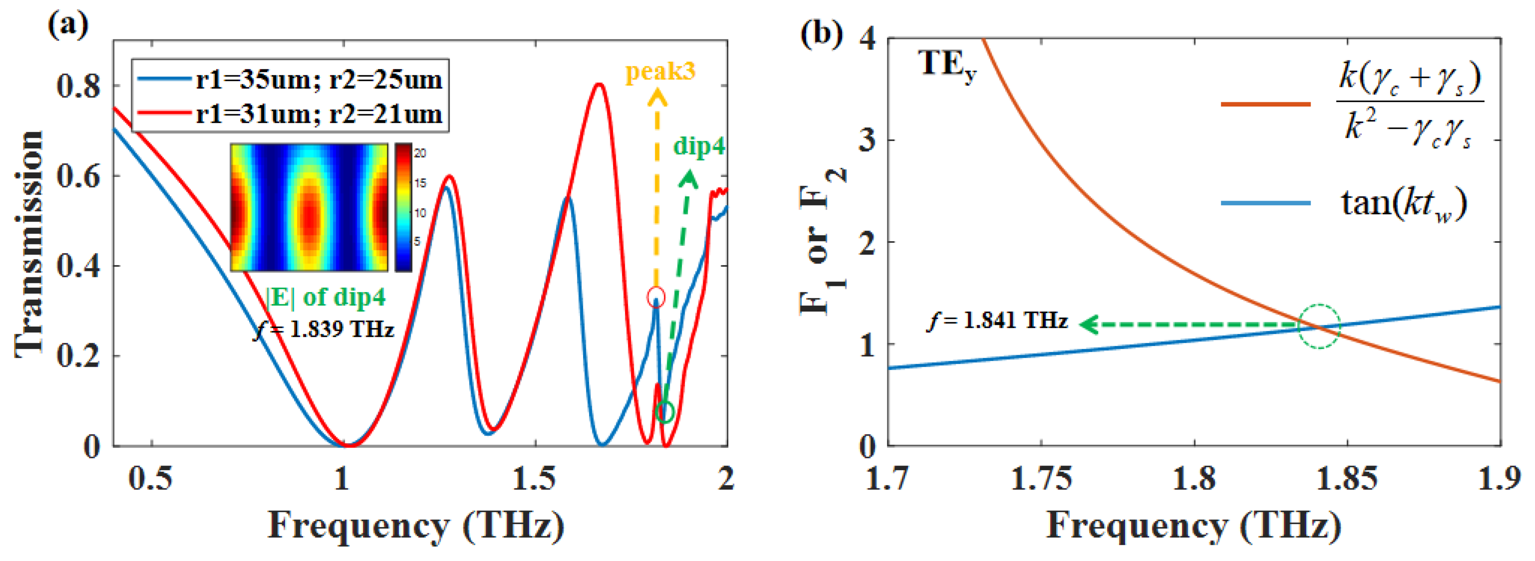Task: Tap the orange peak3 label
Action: (660, 71)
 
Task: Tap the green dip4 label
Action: (698, 145)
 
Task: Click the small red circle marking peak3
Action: (656, 297)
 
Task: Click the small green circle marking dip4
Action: (665, 412)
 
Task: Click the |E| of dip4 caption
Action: (325, 297)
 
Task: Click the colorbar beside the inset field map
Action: (403, 207)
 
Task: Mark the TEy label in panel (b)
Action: (947, 64)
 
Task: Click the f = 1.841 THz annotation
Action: (998, 322)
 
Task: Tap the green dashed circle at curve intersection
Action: (1319, 327)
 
